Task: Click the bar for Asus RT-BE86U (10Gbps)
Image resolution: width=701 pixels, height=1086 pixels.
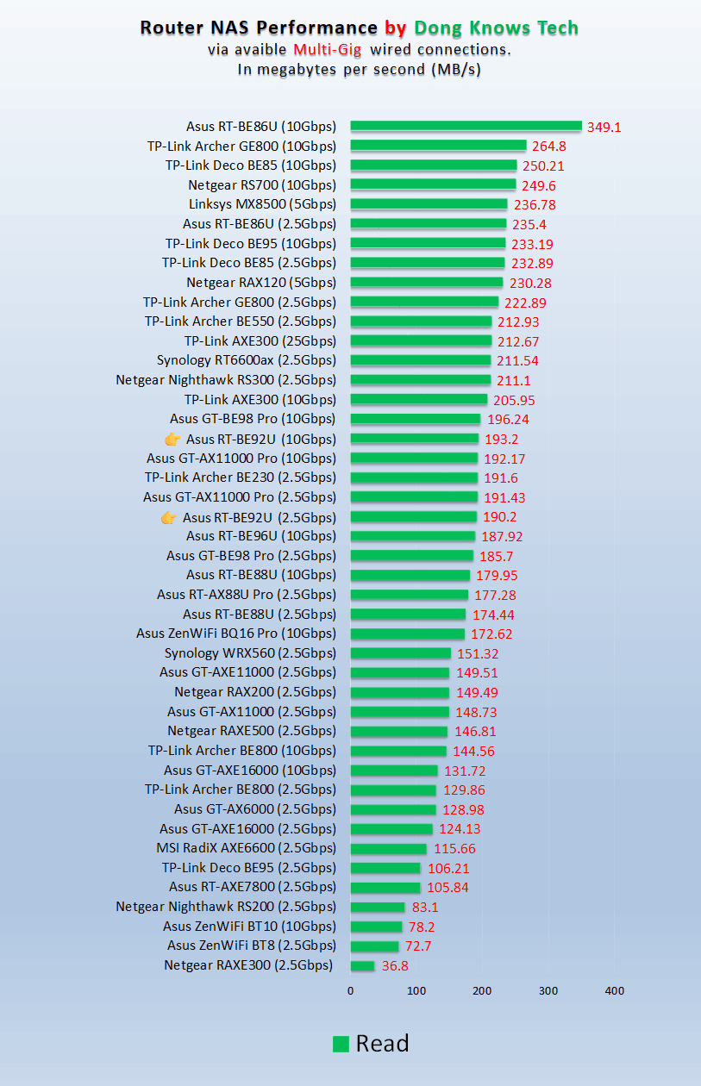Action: pyautogui.click(x=466, y=126)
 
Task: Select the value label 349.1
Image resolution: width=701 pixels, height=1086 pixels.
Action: pyautogui.click(x=604, y=127)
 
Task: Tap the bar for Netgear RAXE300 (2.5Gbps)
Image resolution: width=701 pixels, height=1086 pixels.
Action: pyautogui.click(x=362, y=966)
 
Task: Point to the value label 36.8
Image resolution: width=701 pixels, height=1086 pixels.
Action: pyautogui.click(x=395, y=966)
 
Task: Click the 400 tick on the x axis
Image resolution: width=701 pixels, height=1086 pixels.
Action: pyautogui.click(x=614, y=991)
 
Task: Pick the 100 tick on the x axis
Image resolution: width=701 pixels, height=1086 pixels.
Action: pyautogui.click(x=416, y=991)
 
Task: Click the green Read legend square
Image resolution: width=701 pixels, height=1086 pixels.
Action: pyautogui.click(x=341, y=1044)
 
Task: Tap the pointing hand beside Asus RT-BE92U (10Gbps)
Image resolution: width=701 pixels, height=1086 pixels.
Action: pyautogui.click(x=172, y=439)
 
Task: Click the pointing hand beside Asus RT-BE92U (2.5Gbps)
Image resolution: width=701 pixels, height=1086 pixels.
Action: pyautogui.click(x=169, y=517)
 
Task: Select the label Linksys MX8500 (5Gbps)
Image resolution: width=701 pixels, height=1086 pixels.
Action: pyautogui.click(x=262, y=204)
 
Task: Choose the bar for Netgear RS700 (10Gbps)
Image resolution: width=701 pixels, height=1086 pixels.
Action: pyautogui.click(x=433, y=184)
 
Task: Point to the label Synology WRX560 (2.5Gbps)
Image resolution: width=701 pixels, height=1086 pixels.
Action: pyautogui.click(x=250, y=652)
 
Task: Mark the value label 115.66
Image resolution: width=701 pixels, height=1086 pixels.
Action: pyautogui.click(x=454, y=849)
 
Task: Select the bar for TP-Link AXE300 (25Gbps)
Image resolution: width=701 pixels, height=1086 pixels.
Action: pyautogui.click(x=421, y=340)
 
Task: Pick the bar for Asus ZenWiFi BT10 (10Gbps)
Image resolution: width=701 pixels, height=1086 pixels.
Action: pyautogui.click(x=376, y=927)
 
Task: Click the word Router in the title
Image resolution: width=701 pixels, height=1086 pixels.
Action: pyautogui.click(x=170, y=28)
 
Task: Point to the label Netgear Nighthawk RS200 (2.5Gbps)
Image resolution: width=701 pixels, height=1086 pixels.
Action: pyautogui.click(x=226, y=907)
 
